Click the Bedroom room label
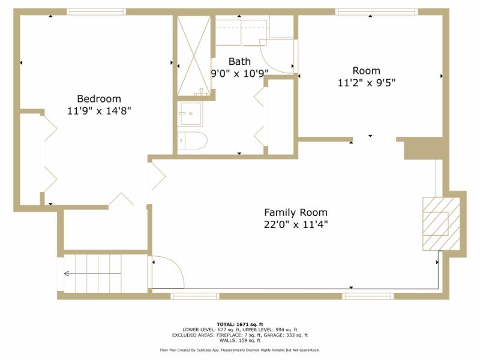pos(99,98)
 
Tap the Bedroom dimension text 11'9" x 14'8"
pos(99,110)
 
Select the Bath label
pos(239,61)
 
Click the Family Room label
pos(296,212)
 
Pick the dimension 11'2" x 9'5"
pos(366,83)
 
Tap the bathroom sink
pos(191,113)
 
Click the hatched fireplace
pos(437,223)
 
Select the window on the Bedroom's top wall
pos(96,11)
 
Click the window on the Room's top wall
pos(376,11)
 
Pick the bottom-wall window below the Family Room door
pos(195,296)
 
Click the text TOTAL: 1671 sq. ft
pos(240,324)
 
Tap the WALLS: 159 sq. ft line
pos(240,340)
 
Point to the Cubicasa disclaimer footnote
pos(240,350)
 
